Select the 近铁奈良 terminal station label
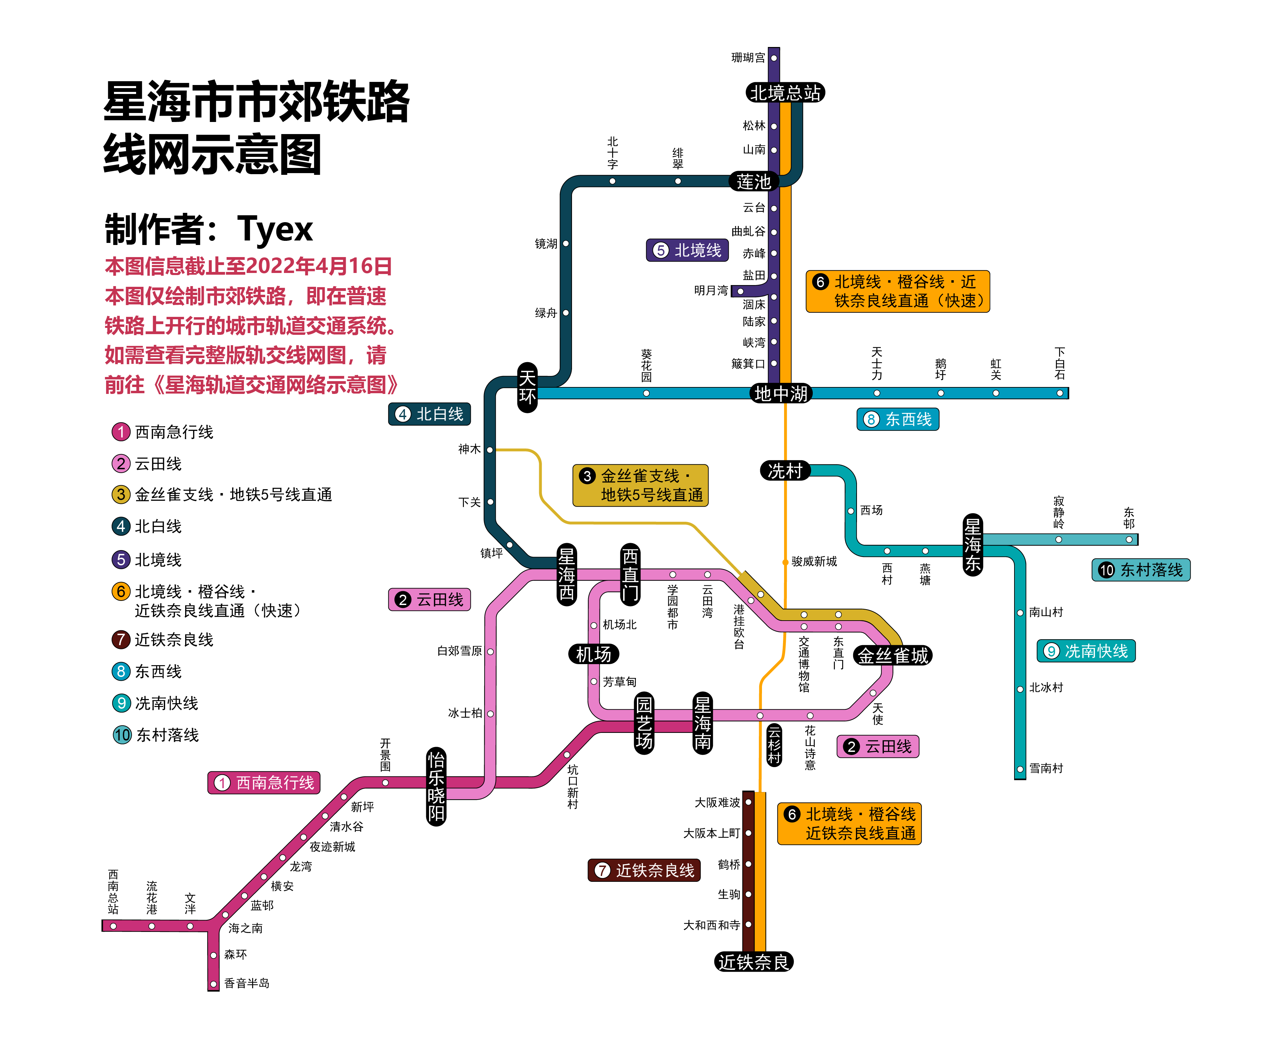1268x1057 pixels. click(754, 962)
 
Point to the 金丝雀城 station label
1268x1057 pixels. click(893, 655)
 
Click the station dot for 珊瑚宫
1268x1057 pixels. click(773, 58)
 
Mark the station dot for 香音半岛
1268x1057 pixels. click(213, 984)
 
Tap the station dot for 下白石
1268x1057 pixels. click(1060, 393)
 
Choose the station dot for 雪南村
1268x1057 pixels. click(1020, 769)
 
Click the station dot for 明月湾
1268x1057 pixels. click(740, 291)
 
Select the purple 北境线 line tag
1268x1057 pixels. click(687, 250)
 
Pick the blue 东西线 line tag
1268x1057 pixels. click(898, 419)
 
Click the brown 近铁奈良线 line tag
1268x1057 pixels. click(644, 870)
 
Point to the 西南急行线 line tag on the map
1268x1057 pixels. click(264, 783)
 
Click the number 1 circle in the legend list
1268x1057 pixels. click(121, 432)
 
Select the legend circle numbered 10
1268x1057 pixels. click(122, 735)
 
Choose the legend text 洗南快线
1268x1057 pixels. click(166, 703)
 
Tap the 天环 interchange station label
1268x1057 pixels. click(527, 387)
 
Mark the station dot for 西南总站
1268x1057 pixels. click(113, 925)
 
